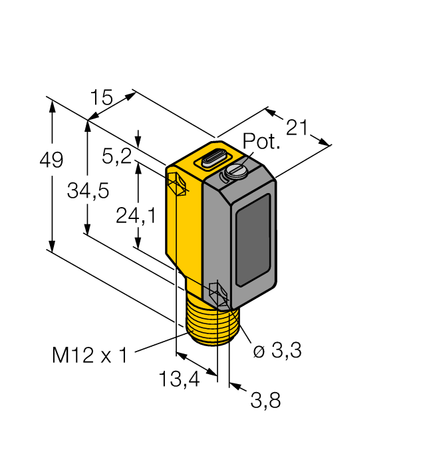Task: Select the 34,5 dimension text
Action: (88, 191)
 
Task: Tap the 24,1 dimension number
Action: (136, 216)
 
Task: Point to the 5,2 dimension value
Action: (116, 156)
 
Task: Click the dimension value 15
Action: (102, 98)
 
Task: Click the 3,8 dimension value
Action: (266, 400)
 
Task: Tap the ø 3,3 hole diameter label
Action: (277, 351)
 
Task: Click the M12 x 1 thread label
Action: (90, 355)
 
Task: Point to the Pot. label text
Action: (261, 142)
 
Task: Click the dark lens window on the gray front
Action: (254, 238)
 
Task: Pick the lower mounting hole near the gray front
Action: (217, 294)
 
